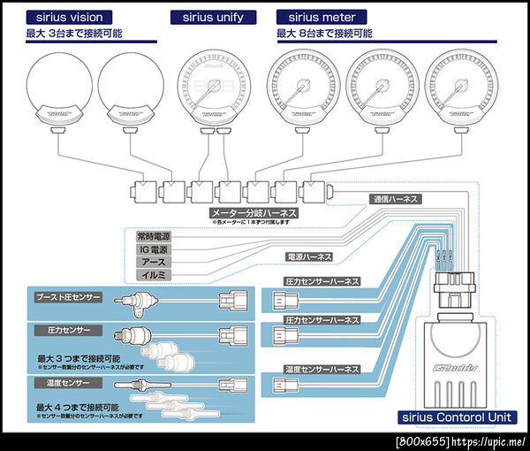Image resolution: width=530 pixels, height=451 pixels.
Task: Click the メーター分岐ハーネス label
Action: (253, 213)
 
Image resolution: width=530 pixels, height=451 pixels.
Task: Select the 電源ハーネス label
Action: (310, 256)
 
